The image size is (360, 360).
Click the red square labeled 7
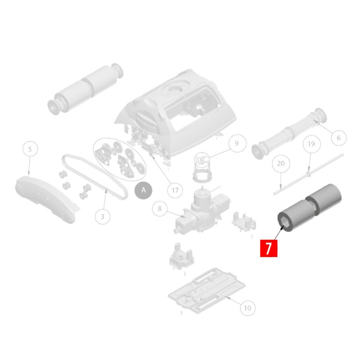[269, 248]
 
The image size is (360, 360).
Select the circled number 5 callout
[30, 149]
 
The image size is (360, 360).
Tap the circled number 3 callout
[103, 216]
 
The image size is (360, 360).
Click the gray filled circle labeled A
[143, 190]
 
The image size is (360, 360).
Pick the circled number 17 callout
[175, 190]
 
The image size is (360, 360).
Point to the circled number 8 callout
[160, 208]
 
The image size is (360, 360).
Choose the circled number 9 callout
[237, 143]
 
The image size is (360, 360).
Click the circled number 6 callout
[339, 138]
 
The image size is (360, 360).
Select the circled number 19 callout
[311, 144]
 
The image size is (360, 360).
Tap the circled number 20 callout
[281, 163]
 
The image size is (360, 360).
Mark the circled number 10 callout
[247, 308]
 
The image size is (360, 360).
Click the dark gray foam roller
[309, 208]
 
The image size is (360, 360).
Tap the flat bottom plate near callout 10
[207, 291]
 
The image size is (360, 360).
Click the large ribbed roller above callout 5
[85, 89]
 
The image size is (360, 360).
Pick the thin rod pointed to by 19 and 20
[308, 175]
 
